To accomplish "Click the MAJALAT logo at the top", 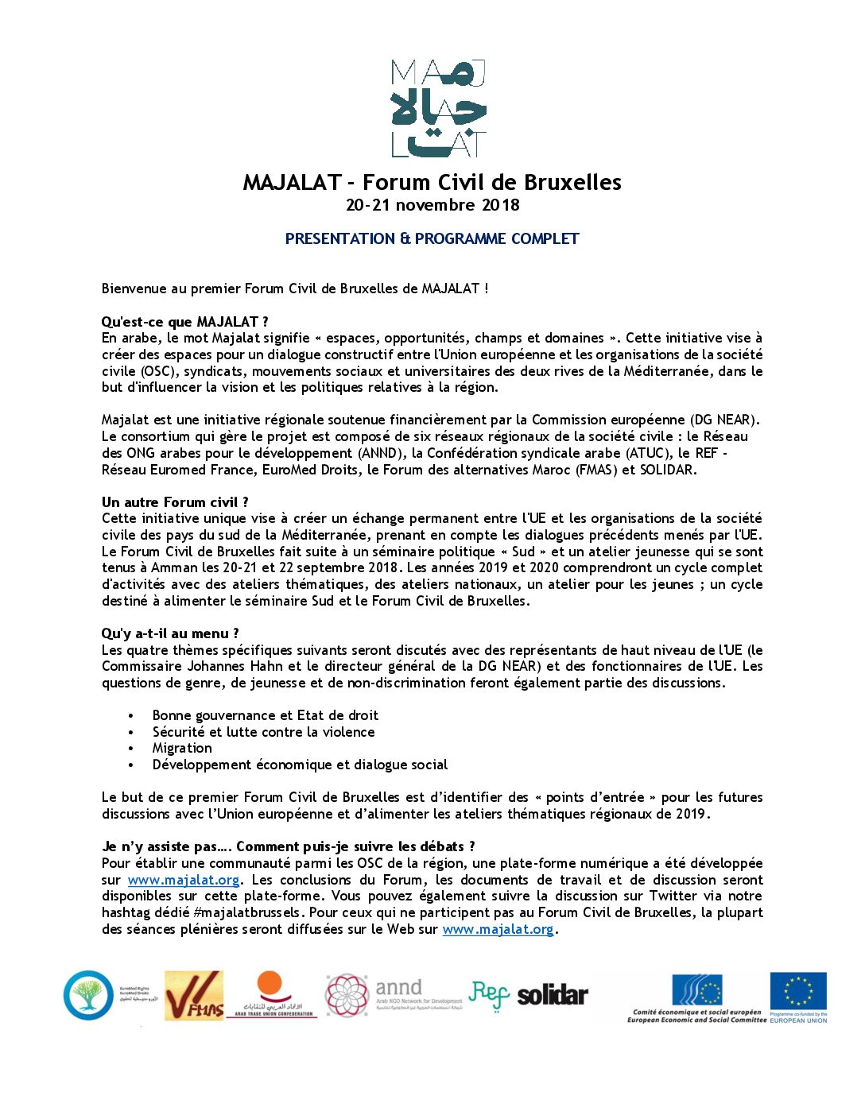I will tap(438, 109).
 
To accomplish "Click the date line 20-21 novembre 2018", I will tap(432, 205).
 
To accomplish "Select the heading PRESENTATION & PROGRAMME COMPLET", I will tap(432, 238).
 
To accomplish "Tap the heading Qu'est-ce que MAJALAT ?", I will tap(184, 322).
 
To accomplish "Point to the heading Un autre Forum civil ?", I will tap(175, 502).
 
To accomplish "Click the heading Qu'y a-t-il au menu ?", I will tap(170, 633).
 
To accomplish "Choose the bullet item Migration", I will tap(182, 748).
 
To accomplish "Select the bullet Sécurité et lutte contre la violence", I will tap(263, 732).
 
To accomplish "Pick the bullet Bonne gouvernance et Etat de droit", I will tap(265, 715).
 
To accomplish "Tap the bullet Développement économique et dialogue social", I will tap(300, 765).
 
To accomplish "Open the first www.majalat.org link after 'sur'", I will tap(184, 880).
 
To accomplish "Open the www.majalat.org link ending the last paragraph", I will tap(498, 929).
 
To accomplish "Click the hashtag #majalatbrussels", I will tap(247, 912).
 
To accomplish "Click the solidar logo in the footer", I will tap(553, 995).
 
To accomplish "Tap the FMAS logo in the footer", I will tap(194, 996).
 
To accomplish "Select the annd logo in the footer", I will tap(394, 994).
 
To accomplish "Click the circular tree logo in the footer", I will tap(88, 995).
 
